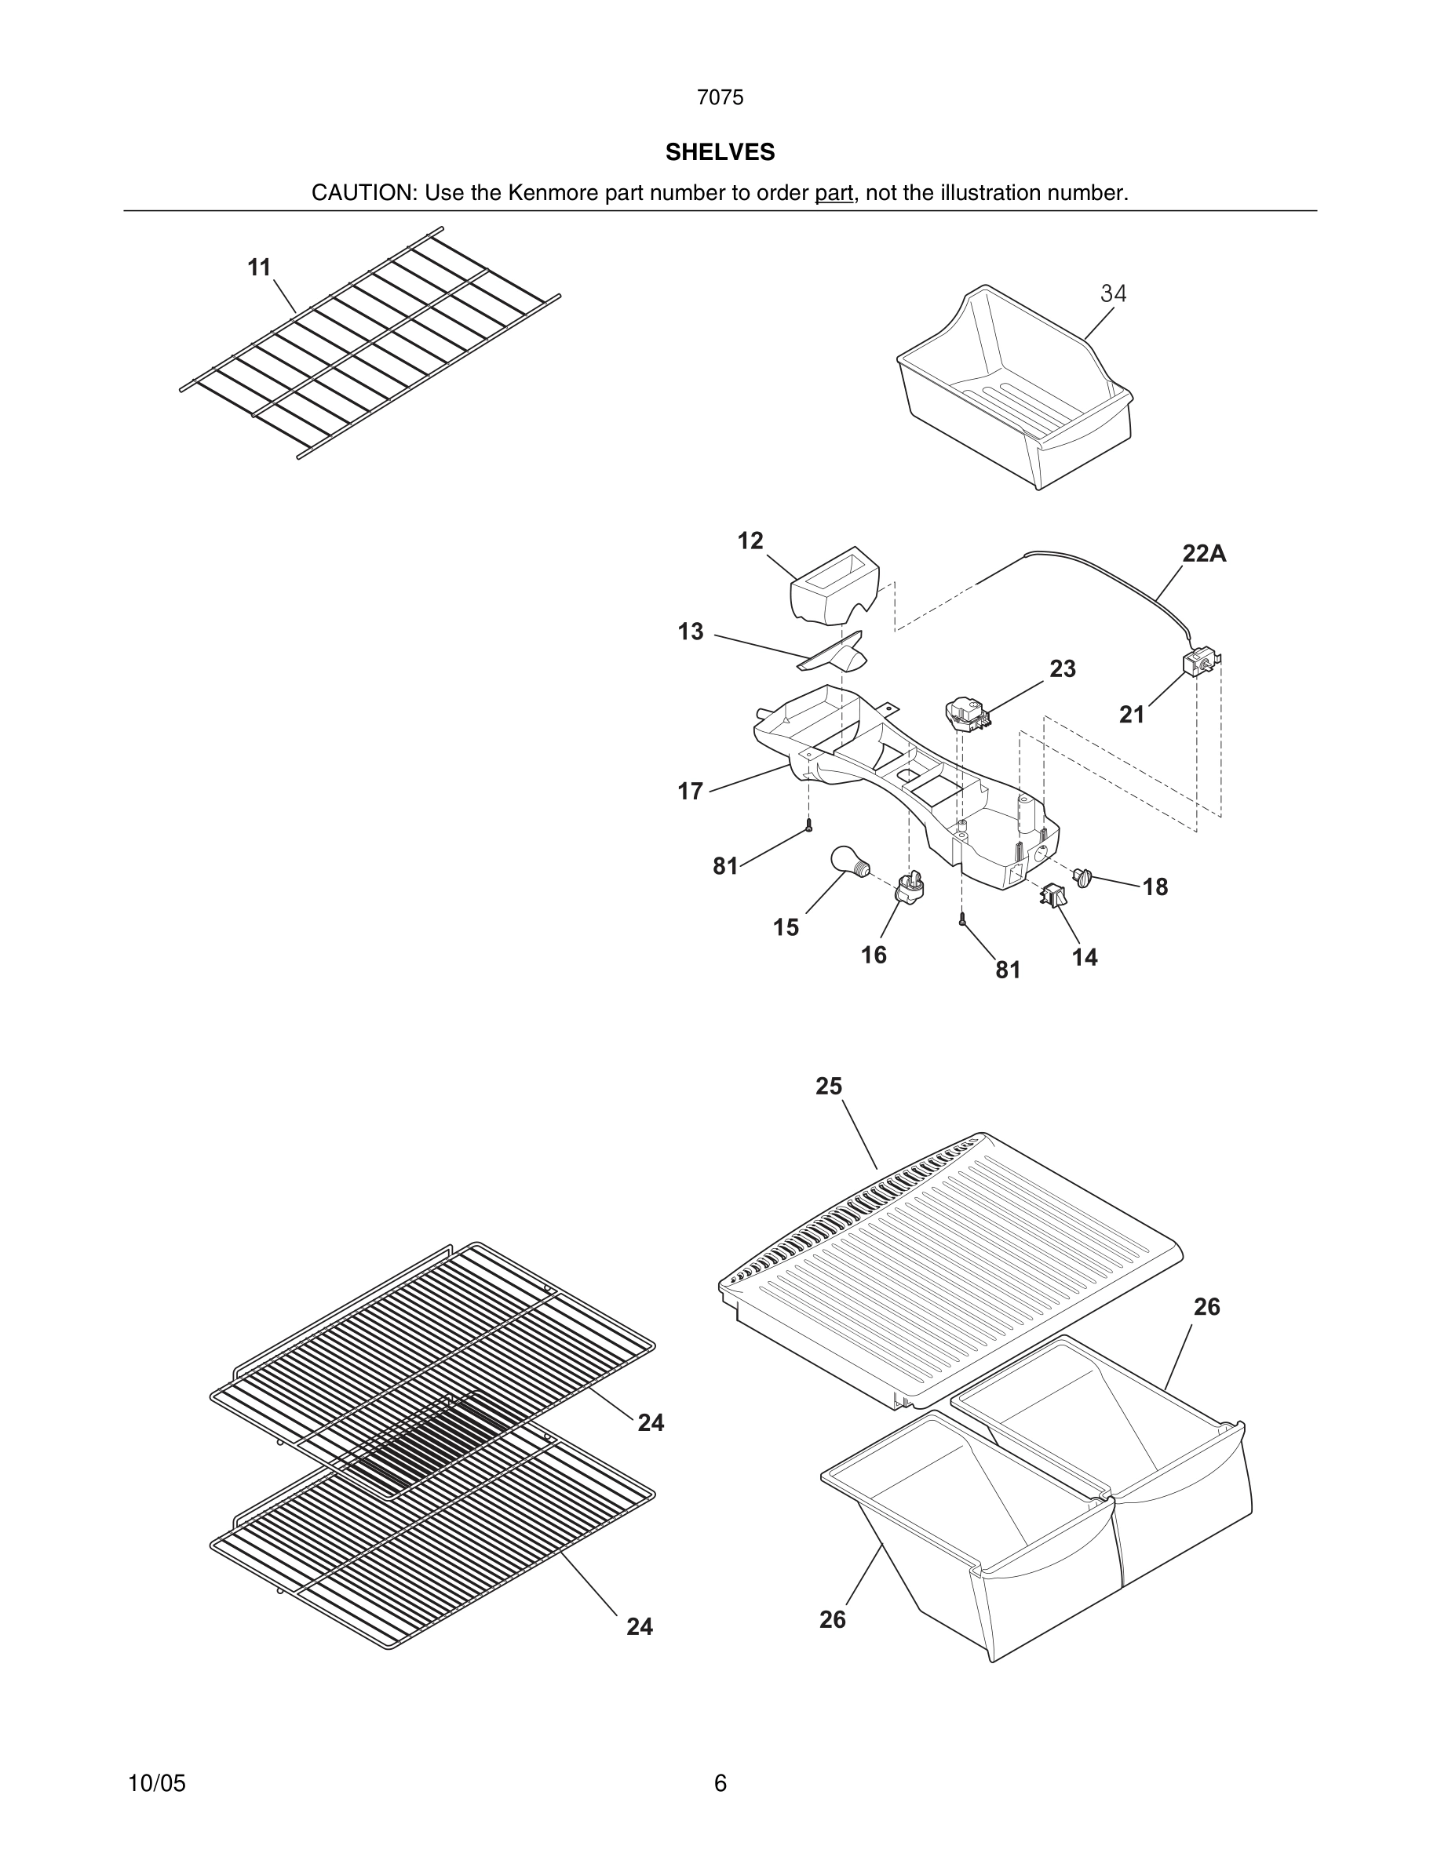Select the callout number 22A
coord(1204,554)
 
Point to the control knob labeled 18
coord(1083,876)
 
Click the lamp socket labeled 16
coord(908,887)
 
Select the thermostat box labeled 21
coord(1199,663)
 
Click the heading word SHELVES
coord(720,152)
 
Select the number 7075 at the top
coord(720,97)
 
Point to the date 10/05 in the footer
coord(156,1783)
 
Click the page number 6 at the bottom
coord(720,1783)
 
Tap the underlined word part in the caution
coord(834,193)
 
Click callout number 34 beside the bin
coord(1113,293)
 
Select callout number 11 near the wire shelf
coord(259,268)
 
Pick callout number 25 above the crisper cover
coord(828,1086)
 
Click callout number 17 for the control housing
coord(690,791)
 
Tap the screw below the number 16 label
coord(962,920)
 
